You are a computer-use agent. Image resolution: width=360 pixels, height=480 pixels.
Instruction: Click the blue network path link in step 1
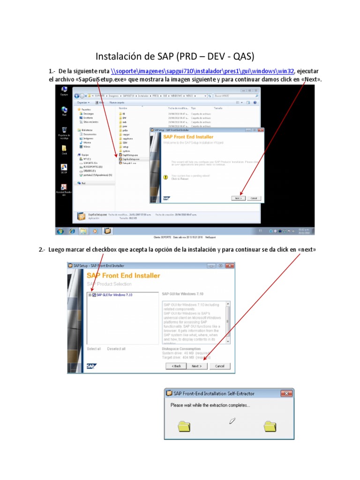click(x=202, y=71)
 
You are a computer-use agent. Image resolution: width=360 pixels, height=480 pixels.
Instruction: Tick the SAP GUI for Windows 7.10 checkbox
click(x=94, y=295)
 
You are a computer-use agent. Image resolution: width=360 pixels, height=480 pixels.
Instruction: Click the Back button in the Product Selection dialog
click(x=176, y=366)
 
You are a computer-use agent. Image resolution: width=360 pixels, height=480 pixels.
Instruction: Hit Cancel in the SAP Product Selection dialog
click(x=219, y=366)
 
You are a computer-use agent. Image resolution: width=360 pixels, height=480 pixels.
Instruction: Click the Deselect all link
click(x=116, y=349)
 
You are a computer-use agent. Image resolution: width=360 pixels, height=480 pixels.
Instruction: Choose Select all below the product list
click(x=94, y=349)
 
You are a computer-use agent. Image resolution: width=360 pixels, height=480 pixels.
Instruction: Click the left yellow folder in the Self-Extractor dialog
click(x=184, y=426)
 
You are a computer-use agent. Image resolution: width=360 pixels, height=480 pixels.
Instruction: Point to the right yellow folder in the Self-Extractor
click(x=270, y=426)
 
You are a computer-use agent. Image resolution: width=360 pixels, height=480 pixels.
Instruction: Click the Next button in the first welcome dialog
click(x=238, y=198)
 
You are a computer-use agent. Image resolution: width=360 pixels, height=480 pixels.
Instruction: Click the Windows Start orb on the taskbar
click(x=60, y=231)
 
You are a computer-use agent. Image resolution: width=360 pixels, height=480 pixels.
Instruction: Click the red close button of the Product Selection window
click(x=229, y=265)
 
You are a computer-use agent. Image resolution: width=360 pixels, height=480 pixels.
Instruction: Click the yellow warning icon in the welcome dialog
click(x=165, y=177)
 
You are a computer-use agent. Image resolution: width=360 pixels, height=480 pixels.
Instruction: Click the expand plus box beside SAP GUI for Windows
click(x=90, y=295)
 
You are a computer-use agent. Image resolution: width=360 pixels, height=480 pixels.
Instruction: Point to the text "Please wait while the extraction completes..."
click(x=210, y=405)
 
